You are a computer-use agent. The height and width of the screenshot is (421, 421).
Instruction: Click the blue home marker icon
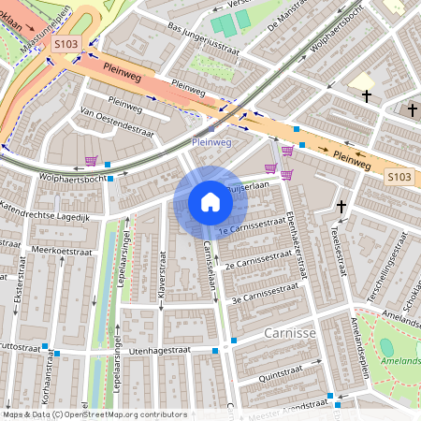(210, 202)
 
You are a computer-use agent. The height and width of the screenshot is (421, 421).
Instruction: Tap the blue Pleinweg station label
(211, 142)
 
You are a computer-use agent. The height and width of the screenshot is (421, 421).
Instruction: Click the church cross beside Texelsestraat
(341, 206)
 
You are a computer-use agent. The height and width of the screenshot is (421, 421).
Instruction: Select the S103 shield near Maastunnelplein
(65, 44)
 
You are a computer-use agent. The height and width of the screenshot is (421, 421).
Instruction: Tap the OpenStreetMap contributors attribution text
(94, 414)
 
